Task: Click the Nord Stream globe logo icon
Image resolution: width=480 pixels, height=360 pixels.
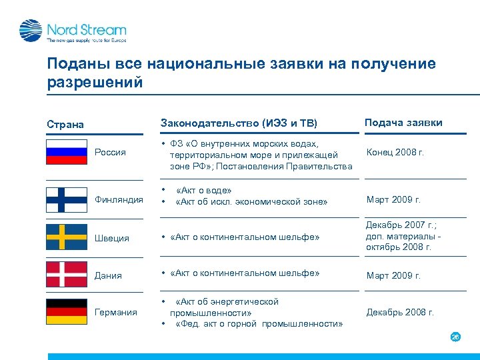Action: pos(31,31)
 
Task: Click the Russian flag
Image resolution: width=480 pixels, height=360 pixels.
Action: pos(66,151)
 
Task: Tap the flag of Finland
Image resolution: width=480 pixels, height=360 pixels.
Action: pos(66,199)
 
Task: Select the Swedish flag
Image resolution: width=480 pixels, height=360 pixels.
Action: pos(66,237)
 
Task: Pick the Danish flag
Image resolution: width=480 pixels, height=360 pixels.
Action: pos(66,274)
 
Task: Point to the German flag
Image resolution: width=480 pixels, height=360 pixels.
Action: pos(66,311)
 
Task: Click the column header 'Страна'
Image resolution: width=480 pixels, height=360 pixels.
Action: pos(65,124)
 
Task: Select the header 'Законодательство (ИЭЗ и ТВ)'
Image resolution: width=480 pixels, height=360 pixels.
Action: pos(239,123)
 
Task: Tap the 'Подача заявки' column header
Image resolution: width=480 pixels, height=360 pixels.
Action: pos(403,122)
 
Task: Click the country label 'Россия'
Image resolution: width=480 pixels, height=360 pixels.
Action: pos(110,152)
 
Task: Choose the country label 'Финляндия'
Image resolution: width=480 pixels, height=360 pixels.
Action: pos(119,199)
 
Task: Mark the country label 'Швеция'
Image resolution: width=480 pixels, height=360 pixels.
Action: pos(112,238)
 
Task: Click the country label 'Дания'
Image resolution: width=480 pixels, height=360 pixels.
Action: pos(108,275)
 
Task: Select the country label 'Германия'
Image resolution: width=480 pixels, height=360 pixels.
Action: pos(116,312)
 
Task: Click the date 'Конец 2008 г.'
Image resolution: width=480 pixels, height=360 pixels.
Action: pos(395,152)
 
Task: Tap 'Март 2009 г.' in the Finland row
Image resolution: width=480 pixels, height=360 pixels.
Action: pos(393,199)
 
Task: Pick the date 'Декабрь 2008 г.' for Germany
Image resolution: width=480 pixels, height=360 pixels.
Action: pos(400,312)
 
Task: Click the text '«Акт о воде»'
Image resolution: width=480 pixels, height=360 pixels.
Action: pos(204,191)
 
